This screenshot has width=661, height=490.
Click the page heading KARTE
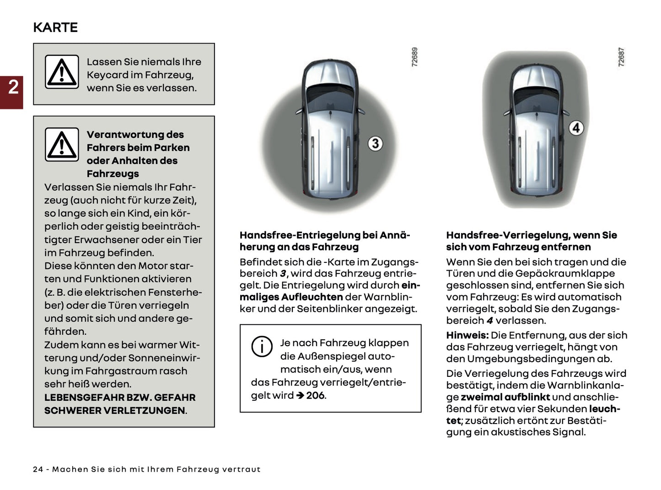(x=55, y=27)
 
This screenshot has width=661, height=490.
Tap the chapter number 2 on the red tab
(x=13, y=87)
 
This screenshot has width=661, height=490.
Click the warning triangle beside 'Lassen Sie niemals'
(x=62, y=72)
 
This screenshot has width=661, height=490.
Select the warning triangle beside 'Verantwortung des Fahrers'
(x=62, y=145)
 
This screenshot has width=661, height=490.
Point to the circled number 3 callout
(x=375, y=143)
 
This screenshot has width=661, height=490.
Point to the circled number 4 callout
(x=576, y=128)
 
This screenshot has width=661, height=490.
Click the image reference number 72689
(x=414, y=57)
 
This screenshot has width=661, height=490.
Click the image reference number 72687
(x=621, y=57)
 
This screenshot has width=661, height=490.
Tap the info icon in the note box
(x=262, y=346)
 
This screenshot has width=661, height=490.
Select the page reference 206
(x=315, y=395)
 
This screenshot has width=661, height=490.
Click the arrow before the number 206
(x=300, y=395)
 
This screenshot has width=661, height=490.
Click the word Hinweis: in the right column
(x=467, y=335)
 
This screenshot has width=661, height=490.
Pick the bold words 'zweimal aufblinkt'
(x=505, y=397)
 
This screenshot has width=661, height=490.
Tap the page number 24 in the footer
(x=38, y=469)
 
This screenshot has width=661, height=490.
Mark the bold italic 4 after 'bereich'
(x=489, y=321)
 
